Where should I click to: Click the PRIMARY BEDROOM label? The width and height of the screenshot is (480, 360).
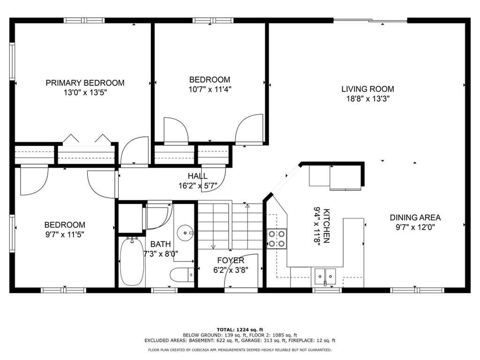coord(85,83)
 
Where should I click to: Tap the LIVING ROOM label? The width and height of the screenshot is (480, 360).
coord(367,89)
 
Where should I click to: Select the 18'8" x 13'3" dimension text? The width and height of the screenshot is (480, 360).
coord(367,99)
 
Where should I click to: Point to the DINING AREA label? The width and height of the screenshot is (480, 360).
coord(415,217)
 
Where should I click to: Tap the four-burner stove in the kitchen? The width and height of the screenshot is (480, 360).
coord(277,239)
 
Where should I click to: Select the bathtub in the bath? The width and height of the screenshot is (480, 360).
coord(132,262)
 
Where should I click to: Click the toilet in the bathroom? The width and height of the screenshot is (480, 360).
coord(182,275)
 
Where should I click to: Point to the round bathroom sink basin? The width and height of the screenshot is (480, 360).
coord(185,232)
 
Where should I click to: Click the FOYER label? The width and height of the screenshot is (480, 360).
coord(231,261)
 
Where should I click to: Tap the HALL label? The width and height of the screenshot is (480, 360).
coord(197,176)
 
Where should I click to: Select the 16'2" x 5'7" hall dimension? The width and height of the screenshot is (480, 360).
coord(198,186)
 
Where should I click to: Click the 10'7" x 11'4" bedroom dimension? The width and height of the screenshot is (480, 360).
coord(210,90)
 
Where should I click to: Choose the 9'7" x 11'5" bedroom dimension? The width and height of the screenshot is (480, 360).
coord(65,235)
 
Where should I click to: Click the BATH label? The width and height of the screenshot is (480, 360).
coord(160,244)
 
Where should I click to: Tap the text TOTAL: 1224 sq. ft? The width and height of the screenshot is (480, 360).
coord(240,330)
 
